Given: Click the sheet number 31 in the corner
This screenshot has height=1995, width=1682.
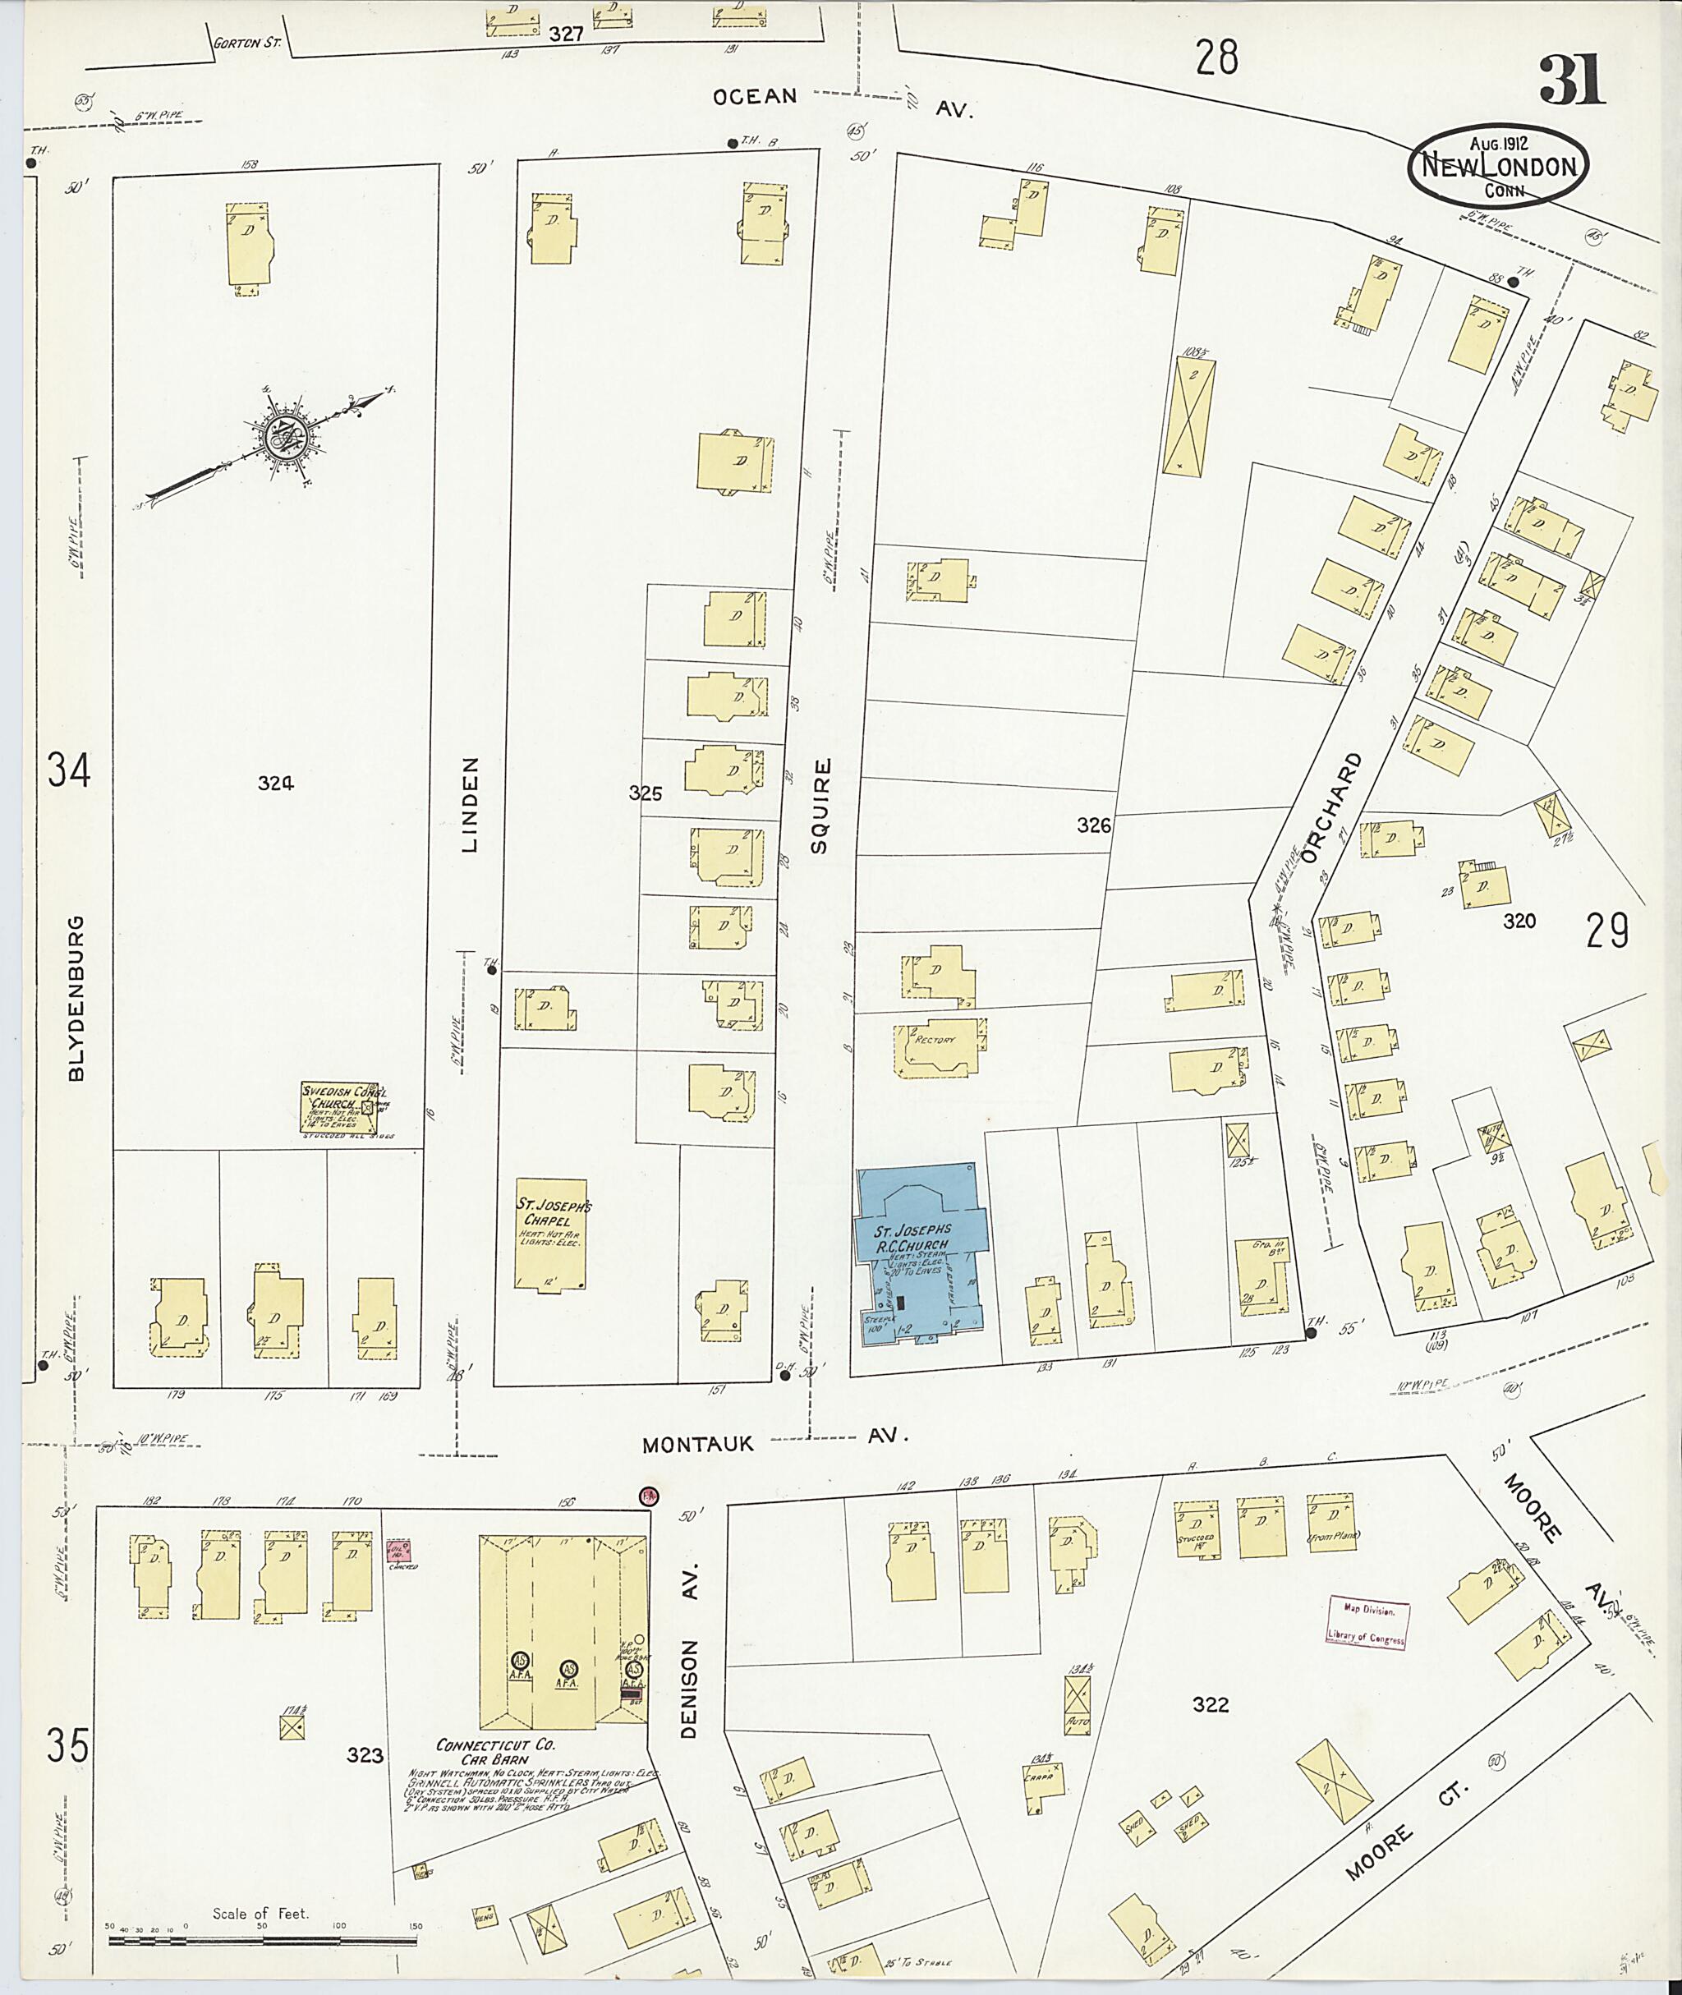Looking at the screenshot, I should point(1571,80).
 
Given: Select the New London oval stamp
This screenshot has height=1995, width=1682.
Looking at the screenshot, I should point(1498,166).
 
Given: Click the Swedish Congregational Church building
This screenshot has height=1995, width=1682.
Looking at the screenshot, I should point(342,1107).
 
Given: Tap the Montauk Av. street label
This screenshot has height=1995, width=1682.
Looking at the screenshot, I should point(772,1444).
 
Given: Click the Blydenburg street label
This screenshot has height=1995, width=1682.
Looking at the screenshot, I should point(76,999).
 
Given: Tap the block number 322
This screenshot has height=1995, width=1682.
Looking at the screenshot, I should point(1210,1704).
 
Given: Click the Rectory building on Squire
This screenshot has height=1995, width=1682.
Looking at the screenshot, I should point(937,1047).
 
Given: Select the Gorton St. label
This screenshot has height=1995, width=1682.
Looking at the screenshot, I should point(245,43).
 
